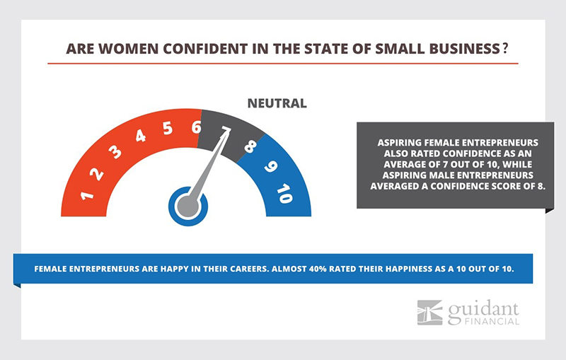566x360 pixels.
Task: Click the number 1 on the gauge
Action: [x=87, y=196]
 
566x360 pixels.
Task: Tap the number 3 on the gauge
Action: [x=115, y=152]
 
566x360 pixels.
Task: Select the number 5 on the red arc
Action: [x=168, y=128]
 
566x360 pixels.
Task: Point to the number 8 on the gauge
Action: [x=250, y=146]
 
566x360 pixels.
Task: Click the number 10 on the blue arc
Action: [x=285, y=194]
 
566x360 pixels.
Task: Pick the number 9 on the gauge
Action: [x=270, y=166]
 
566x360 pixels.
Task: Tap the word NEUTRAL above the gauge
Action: [x=277, y=103]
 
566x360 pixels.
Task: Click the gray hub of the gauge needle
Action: [x=187, y=207]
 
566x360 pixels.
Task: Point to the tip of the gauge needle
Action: [x=230, y=131]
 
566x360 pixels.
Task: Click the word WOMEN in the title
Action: [x=128, y=49]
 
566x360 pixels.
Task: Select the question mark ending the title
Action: [x=505, y=48]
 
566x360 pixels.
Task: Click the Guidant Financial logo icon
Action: [x=429, y=313]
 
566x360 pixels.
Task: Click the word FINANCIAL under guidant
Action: [x=492, y=321]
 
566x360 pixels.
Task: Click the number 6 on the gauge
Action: [x=197, y=127]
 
